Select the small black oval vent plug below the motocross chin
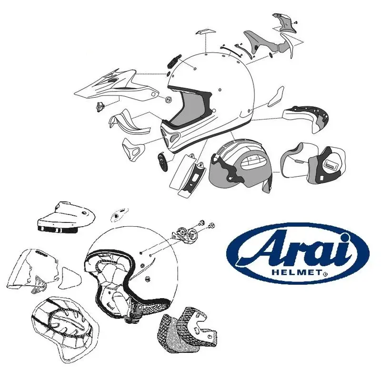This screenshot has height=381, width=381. click(162, 162)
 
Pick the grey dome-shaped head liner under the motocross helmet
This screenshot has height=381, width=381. click(241, 164)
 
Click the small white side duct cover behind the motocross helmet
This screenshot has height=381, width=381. click(275, 98)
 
